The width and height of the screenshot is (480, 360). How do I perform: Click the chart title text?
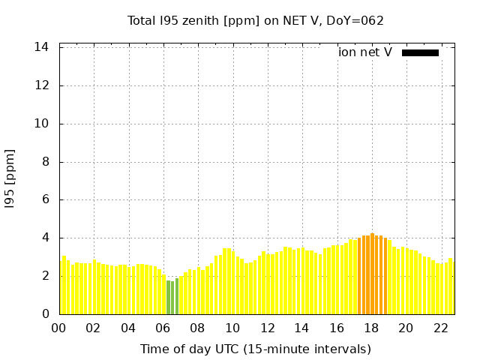click(256, 20)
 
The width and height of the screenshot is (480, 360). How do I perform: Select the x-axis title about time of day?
click(256, 349)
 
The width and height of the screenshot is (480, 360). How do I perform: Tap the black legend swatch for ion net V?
click(420, 52)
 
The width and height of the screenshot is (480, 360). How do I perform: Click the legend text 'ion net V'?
click(365, 52)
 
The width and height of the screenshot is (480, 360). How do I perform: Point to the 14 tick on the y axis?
click(42, 47)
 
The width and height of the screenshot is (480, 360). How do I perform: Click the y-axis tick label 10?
click(42, 124)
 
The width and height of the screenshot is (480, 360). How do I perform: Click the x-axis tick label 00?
click(58, 328)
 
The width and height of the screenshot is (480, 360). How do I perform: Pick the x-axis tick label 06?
click(163, 328)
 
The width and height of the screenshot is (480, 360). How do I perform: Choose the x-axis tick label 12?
click(267, 328)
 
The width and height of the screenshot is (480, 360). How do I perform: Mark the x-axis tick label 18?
click(371, 328)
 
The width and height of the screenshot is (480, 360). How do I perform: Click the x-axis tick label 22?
click(440, 328)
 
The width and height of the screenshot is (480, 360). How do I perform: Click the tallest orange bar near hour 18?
click(373, 274)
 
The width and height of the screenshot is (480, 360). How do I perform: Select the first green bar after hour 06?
click(168, 297)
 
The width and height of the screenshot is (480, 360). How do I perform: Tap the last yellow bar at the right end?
click(451, 286)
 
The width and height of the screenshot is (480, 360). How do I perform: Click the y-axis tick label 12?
click(42, 85)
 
